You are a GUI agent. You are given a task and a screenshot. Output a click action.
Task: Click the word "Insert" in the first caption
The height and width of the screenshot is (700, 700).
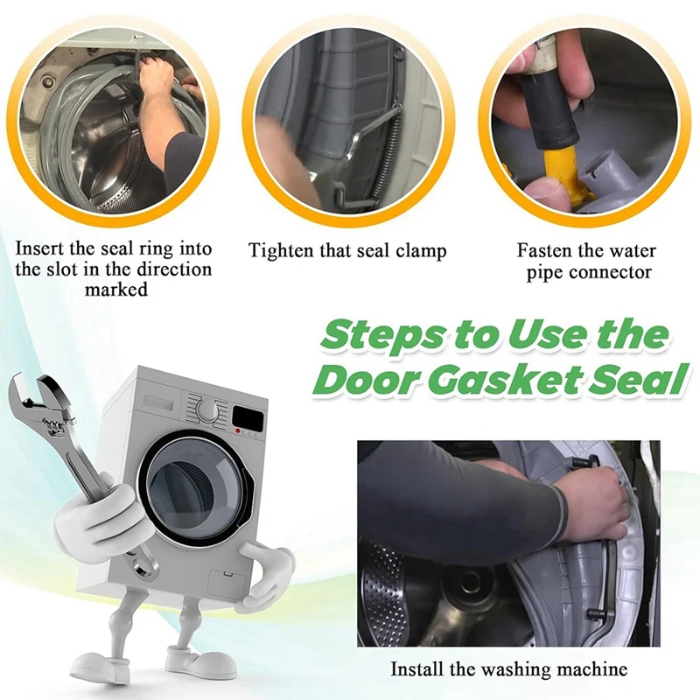coord(40,248)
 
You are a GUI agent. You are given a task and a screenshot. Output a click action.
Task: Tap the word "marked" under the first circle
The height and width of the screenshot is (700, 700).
coord(116,290)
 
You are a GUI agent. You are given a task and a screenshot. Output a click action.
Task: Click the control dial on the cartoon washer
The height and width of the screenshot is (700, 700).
coord(207,409)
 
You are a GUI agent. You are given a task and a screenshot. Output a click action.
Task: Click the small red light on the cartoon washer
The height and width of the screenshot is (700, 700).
coord(239,430)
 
